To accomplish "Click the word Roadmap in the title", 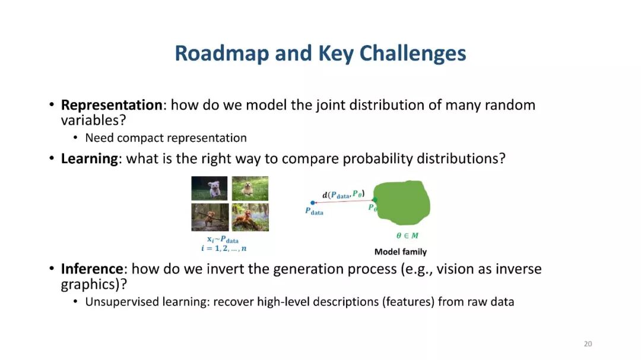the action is [x=221, y=53].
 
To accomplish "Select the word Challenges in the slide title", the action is [x=412, y=53].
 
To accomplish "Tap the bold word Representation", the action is [x=112, y=106].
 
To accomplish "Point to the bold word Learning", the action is [x=89, y=158].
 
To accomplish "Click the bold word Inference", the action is [x=92, y=269].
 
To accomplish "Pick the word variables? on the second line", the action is [x=93, y=120].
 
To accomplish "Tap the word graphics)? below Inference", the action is [x=94, y=285].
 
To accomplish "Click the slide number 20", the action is [x=588, y=343].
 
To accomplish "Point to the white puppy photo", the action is [x=210, y=189].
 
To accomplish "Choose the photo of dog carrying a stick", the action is [x=210, y=218].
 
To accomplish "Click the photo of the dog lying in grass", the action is [x=250, y=189].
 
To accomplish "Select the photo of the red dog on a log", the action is [x=250, y=218].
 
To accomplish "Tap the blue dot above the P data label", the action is [x=313, y=203].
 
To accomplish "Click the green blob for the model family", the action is [x=402, y=203].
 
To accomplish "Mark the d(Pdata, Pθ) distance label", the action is [x=344, y=194].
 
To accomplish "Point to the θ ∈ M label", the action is [x=407, y=236].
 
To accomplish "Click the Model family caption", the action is [x=401, y=251].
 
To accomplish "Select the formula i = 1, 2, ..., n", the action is [x=224, y=249].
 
